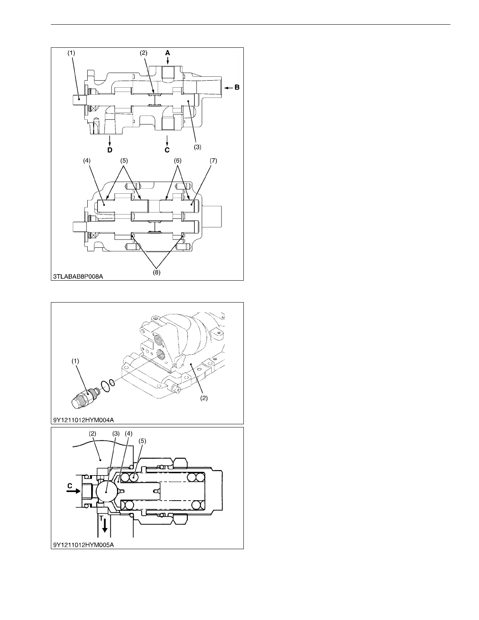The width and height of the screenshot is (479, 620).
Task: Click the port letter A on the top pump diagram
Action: click(x=167, y=52)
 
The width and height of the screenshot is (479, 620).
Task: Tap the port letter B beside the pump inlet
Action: click(x=237, y=88)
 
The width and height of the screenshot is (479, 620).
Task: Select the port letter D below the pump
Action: click(x=110, y=150)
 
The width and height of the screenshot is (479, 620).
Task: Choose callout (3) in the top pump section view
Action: click(x=198, y=147)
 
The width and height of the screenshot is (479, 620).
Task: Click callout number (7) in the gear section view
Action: click(x=213, y=161)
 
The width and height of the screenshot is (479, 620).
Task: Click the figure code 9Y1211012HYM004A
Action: click(x=84, y=420)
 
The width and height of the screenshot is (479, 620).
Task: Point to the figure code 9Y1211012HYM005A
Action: click(x=84, y=544)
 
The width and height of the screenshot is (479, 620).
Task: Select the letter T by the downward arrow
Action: click(x=101, y=518)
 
